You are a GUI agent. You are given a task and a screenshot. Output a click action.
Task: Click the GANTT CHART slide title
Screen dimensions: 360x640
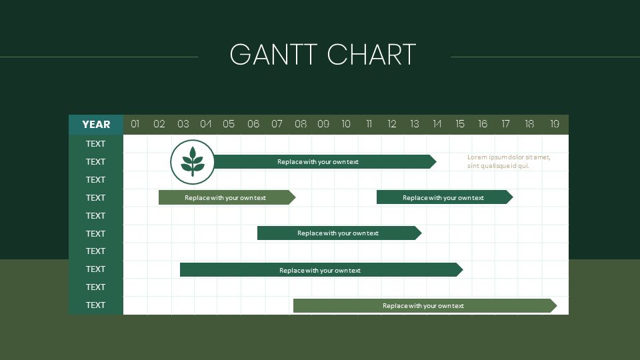coord(323,55)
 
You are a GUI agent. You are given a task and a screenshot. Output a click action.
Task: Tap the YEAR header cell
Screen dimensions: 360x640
coord(96,125)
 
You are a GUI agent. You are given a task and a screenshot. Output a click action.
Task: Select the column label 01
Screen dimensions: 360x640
coord(135,124)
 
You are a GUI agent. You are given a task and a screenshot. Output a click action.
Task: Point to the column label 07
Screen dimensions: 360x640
coord(277,124)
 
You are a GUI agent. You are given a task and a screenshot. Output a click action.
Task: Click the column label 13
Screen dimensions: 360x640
coord(415,124)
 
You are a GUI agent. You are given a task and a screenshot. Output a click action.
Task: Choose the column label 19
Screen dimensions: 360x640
coord(555,124)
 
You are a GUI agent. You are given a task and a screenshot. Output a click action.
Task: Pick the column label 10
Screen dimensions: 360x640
coord(346,124)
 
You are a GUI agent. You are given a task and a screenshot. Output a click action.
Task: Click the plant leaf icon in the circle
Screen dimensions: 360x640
coord(193,161)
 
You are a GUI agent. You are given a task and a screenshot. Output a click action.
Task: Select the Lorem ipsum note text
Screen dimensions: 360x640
coord(509,161)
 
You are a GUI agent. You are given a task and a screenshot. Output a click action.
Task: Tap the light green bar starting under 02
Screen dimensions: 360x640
coord(225,197)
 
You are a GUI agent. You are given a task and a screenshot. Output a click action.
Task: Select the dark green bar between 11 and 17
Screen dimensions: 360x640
coord(443,197)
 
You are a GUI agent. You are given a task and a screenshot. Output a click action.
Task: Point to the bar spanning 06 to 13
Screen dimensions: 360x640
coord(338,233)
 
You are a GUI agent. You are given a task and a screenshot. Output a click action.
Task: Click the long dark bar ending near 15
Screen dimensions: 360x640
coord(320,270)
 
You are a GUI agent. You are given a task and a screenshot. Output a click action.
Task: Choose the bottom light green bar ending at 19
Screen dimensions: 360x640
coord(423,305)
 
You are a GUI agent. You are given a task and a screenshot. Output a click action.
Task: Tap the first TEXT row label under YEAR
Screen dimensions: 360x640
coord(96,143)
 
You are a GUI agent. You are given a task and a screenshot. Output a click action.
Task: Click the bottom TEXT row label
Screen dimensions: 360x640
coord(96,305)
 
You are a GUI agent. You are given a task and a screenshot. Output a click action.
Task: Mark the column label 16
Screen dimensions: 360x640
coord(483,124)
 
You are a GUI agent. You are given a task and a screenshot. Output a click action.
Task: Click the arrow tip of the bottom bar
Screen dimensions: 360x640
coord(553,305)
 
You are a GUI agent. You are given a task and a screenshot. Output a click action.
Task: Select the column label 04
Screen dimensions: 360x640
coord(206,124)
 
